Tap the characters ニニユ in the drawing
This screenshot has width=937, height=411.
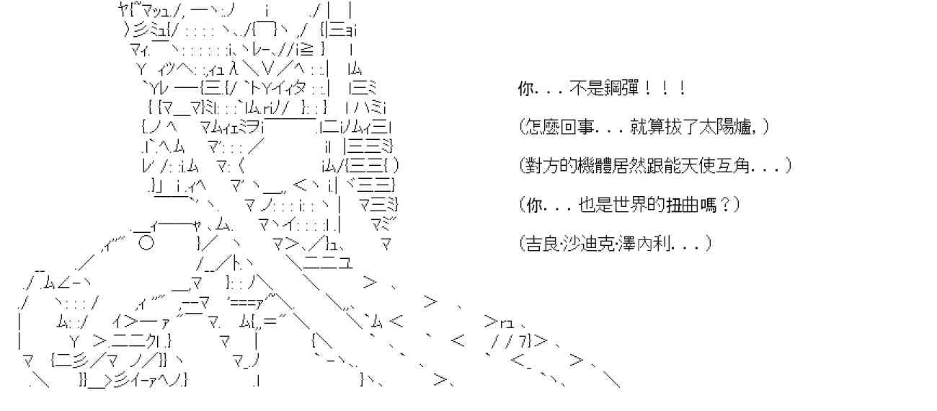coord(327,262)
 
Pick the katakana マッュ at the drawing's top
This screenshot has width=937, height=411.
coord(148,11)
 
